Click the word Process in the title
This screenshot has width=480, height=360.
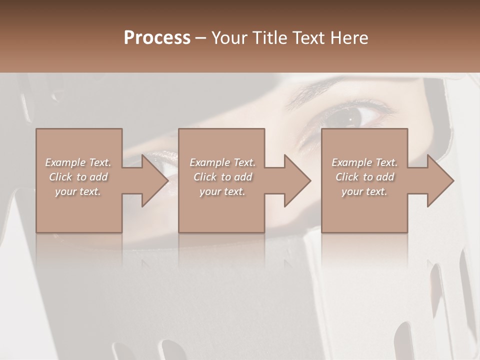pyautogui.click(x=157, y=38)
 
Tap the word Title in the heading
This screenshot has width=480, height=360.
pyautogui.click(x=268, y=38)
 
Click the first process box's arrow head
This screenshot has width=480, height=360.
pyautogui.click(x=154, y=180)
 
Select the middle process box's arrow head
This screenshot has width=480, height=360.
pyautogui.click(x=297, y=180)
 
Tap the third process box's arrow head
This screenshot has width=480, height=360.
pyautogui.click(x=440, y=180)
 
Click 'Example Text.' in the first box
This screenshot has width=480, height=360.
pyautogui.click(x=78, y=162)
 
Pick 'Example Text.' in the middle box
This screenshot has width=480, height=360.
pyautogui.click(x=222, y=162)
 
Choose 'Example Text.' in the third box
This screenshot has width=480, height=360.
pyautogui.click(x=364, y=162)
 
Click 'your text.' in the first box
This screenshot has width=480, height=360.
pyautogui.click(x=78, y=191)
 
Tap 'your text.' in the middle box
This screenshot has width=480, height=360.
pyautogui.click(x=222, y=191)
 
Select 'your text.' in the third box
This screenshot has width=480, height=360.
pyautogui.click(x=364, y=191)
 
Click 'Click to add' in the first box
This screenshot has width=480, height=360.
pyautogui.click(x=78, y=177)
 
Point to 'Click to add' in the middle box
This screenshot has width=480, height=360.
pyautogui.click(x=222, y=177)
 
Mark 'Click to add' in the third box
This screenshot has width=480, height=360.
pyautogui.click(x=364, y=177)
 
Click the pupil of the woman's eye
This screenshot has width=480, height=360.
pyautogui.click(x=349, y=118)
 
